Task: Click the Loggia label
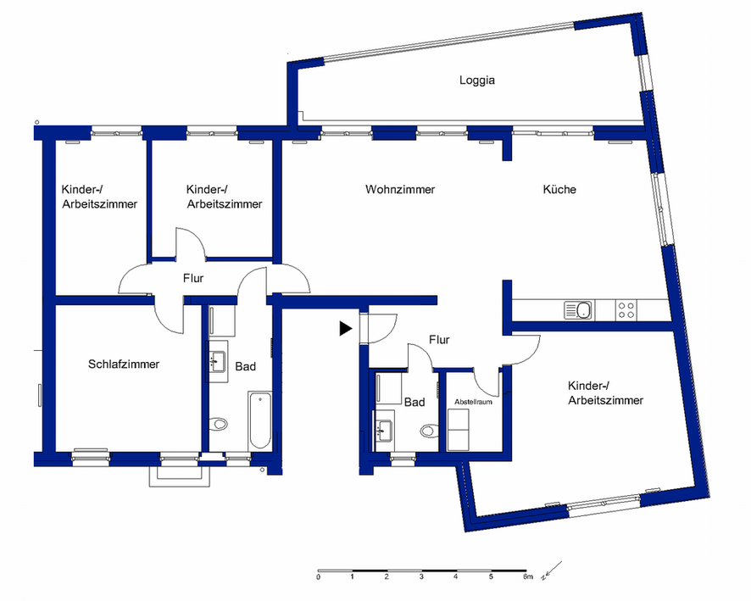pos(477,81)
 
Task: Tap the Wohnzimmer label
pos(400,189)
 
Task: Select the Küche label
pos(559,189)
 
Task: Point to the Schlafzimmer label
pos(124,364)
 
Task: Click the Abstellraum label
pos(473,402)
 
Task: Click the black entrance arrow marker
pos(346,329)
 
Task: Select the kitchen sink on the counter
pos(579,310)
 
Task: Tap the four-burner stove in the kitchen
pos(626,310)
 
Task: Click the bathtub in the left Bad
pos(260,420)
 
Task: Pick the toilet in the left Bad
pos(219,424)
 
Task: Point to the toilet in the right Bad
pos(430,431)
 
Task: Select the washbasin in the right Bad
pos(385,430)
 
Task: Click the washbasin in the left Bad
pos(218,361)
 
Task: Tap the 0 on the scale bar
pos(318,577)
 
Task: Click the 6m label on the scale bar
pos(528,576)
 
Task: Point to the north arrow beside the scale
pos(552,570)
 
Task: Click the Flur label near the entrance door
pos(439,340)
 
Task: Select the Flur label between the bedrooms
pos(193,278)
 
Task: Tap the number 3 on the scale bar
pos(421,577)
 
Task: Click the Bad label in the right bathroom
pos(414,403)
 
